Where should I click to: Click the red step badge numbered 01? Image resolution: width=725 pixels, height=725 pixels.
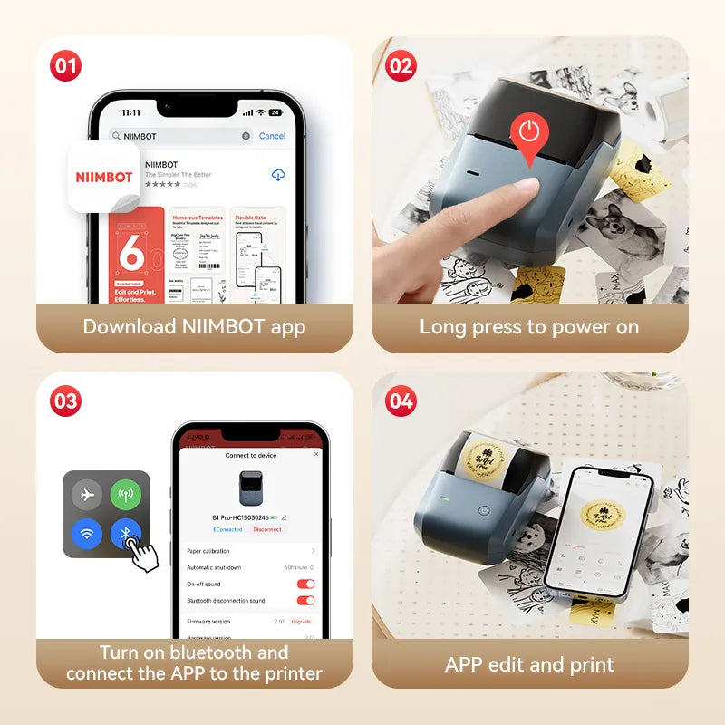(65, 66)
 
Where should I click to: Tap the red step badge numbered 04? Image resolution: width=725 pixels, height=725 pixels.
(401, 401)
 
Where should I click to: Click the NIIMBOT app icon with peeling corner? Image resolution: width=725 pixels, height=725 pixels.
(103, 177)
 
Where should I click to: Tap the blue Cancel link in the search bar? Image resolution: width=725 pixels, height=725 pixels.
(272, 136)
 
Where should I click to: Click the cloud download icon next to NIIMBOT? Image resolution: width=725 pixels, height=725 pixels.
(278, 174)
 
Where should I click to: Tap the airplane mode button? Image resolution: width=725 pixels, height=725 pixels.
(88, 494)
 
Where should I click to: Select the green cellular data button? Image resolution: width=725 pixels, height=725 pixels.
(126, 494)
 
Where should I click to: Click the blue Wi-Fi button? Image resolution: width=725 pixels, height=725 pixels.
(88, 533)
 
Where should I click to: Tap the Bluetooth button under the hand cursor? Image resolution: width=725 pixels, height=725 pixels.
(125, 533)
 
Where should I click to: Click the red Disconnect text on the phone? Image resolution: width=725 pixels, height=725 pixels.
(267, 529)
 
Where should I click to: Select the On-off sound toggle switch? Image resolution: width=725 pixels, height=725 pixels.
(305, 584)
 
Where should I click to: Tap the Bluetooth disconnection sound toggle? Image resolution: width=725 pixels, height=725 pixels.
(305, 600)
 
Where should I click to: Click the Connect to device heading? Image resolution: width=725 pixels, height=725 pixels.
(250, 456)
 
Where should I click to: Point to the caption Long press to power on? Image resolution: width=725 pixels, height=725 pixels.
(529, 327)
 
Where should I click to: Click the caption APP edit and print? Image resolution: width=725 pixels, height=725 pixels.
(529, 664)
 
